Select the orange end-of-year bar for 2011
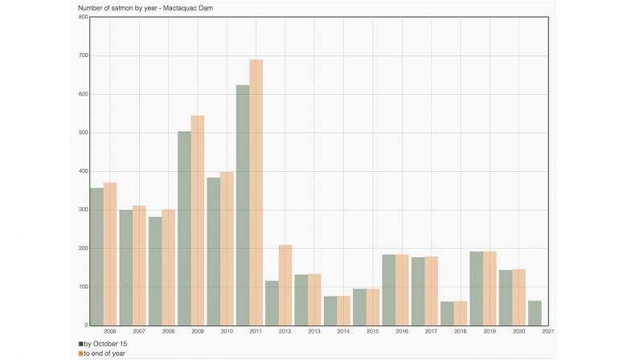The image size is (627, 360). click(x=256, y=193)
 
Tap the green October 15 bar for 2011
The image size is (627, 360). click(x=243, y=205)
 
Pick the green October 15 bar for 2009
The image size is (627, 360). click(x=184, y=228)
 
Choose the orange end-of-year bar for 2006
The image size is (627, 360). click(x=110, y=254)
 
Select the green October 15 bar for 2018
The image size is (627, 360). click(x=448, y=313)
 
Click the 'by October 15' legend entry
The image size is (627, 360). click(x=102, y=344)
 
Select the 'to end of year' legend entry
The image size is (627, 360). click(x=102, y=354)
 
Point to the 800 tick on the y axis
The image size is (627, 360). click(x=83, y=17)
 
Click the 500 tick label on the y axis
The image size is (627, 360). click(x=83, y=133)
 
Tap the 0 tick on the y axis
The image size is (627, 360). click(x=85, y=325)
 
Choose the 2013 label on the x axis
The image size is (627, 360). click(x=314, y=331)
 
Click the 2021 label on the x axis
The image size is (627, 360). click(x=548, y=331)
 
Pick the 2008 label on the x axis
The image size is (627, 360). click(x=168, y=331)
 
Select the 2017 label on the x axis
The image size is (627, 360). click(x=432, y=331)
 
